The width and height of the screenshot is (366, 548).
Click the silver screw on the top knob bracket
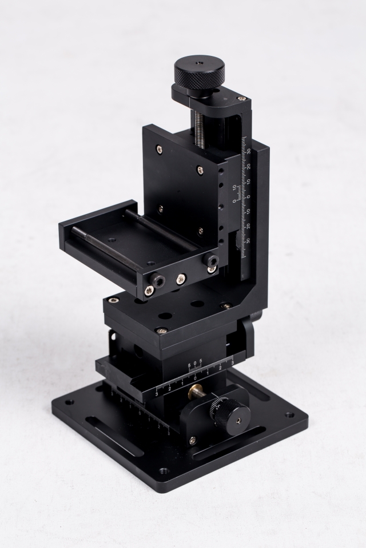point(241,99)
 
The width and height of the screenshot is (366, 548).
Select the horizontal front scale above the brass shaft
point(194,377)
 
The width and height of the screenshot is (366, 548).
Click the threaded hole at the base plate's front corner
point(164,471)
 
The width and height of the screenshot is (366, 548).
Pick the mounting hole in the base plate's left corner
point(69,402)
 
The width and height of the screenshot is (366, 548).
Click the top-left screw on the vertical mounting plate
point(158,150)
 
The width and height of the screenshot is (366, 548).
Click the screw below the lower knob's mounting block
point(192,440)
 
